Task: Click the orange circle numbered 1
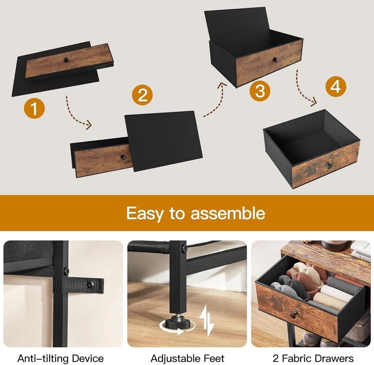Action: click(34, 109)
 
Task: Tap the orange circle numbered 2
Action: click(142, 95)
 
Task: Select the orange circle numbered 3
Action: click(260, 91)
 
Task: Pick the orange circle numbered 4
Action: click(335, 86)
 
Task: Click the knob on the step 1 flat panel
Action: click(66, 60)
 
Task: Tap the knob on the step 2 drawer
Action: click(124, 157)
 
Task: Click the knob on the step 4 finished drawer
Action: click(329, 165)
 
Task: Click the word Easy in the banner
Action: click(145, 213)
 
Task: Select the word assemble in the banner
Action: click(228, 213)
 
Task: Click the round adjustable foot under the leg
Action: click(177, 323)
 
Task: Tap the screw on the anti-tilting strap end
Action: click(91, 284)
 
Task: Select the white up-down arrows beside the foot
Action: click(206, 320)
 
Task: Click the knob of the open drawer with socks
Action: click(294, 314)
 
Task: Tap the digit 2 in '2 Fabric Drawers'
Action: click(276, 358)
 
